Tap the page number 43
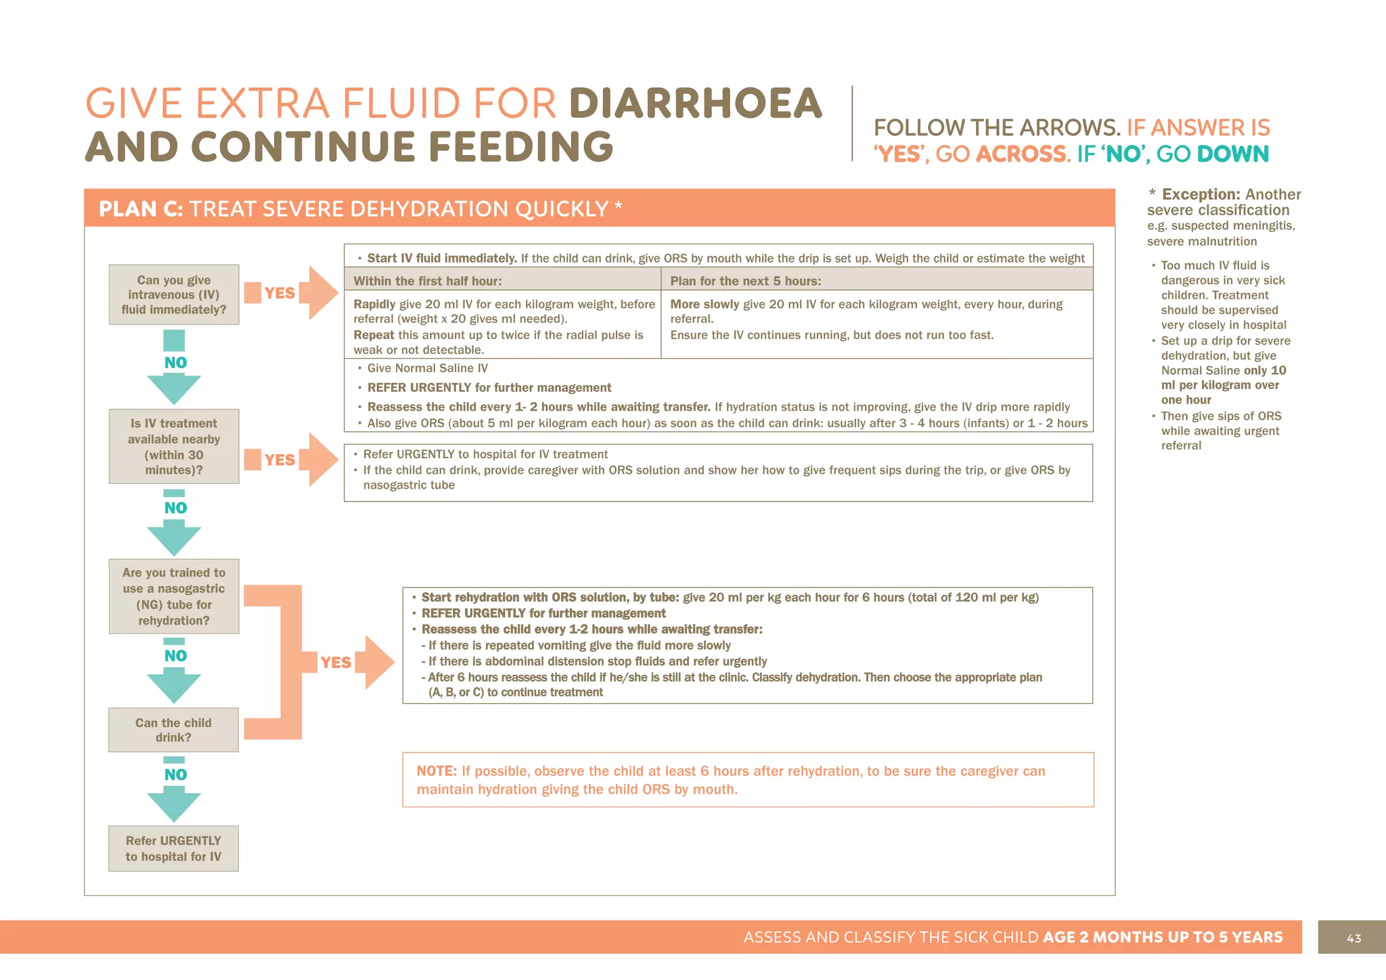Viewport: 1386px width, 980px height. click(x=1354, y=938)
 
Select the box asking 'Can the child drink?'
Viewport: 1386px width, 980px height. click(x=173, y=730)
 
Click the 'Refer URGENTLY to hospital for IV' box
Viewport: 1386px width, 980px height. click(x=173, y=848)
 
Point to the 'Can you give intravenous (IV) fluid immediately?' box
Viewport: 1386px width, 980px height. click(x=174, y=294)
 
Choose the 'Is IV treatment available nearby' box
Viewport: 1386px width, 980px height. click(x=174, y=446)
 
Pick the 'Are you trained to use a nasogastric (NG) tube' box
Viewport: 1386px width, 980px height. click(x=174, y=596)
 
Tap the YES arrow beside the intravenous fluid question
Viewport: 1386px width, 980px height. click(x=291, y=292)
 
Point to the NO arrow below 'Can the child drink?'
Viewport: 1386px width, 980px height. click(x=174, y=790)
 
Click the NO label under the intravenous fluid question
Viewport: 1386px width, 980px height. click(x=175, y=363)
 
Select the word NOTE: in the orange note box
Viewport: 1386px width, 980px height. click(x=437, y=771)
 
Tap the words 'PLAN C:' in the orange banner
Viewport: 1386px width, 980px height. click(x=141, y=208)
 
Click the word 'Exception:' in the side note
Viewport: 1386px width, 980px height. click(x=1201, y=194)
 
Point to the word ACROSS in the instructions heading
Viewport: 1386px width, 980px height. click(x=1021, y=154)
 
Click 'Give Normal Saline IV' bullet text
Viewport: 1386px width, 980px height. click(x=427, y=368)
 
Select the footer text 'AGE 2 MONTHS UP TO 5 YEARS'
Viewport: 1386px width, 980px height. click(x=1163, y=937)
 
